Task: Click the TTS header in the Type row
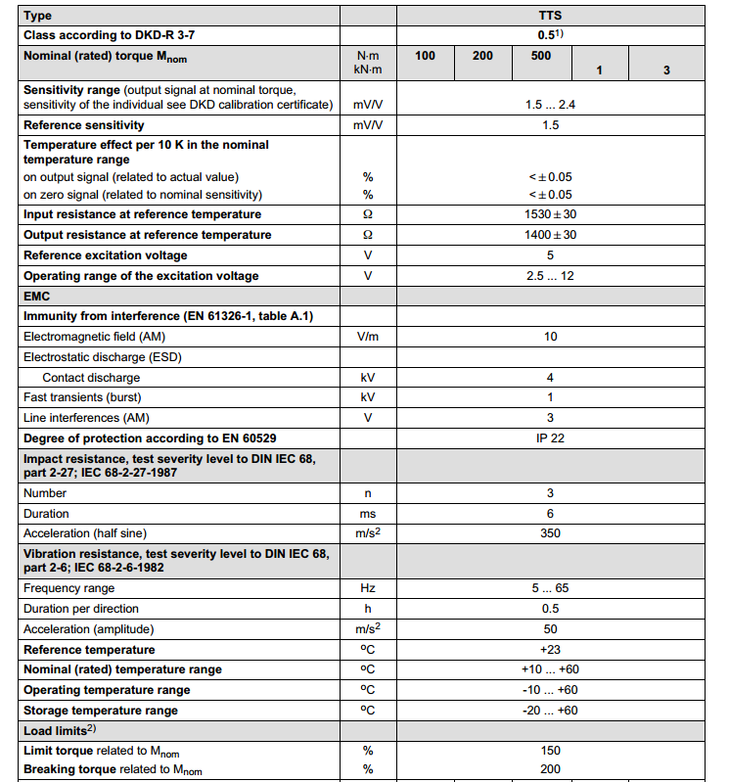550,16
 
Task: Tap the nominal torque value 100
425,56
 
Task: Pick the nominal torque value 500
541,56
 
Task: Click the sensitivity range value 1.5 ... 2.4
551,104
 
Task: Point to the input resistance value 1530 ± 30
551,214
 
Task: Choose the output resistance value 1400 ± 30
551,235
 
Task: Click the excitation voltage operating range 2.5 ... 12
550,276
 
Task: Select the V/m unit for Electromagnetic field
368,337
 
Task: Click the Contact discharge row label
91,378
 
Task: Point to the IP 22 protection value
550,438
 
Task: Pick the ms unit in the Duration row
368,514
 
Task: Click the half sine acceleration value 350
550,533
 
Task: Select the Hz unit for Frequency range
368,588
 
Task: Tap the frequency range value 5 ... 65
550,588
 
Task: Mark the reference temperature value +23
550,650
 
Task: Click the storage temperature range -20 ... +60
550,711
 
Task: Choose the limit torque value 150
550,751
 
